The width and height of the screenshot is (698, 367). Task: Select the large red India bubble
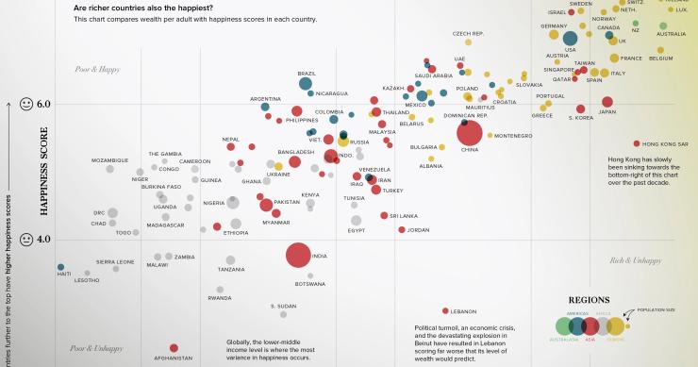coord(298,256)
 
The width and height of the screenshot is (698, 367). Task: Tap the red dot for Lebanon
coord(444,310)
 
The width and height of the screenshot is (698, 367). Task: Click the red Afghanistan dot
coord(174,348)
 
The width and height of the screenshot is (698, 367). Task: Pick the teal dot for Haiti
coord(60,267)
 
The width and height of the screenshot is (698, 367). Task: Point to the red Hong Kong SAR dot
coord(638,143)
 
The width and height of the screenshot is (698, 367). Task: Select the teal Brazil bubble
coord(306,84)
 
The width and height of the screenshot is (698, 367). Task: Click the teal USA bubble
coord(570,38)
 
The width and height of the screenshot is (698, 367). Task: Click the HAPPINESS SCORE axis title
coord(44,172)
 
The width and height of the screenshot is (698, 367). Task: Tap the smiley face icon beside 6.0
coord(27,103)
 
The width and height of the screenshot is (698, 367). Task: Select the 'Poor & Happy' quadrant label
coord(99,69)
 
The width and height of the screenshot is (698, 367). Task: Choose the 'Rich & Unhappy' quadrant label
coord(635,259)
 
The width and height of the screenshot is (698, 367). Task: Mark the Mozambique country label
coord(109,160)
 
